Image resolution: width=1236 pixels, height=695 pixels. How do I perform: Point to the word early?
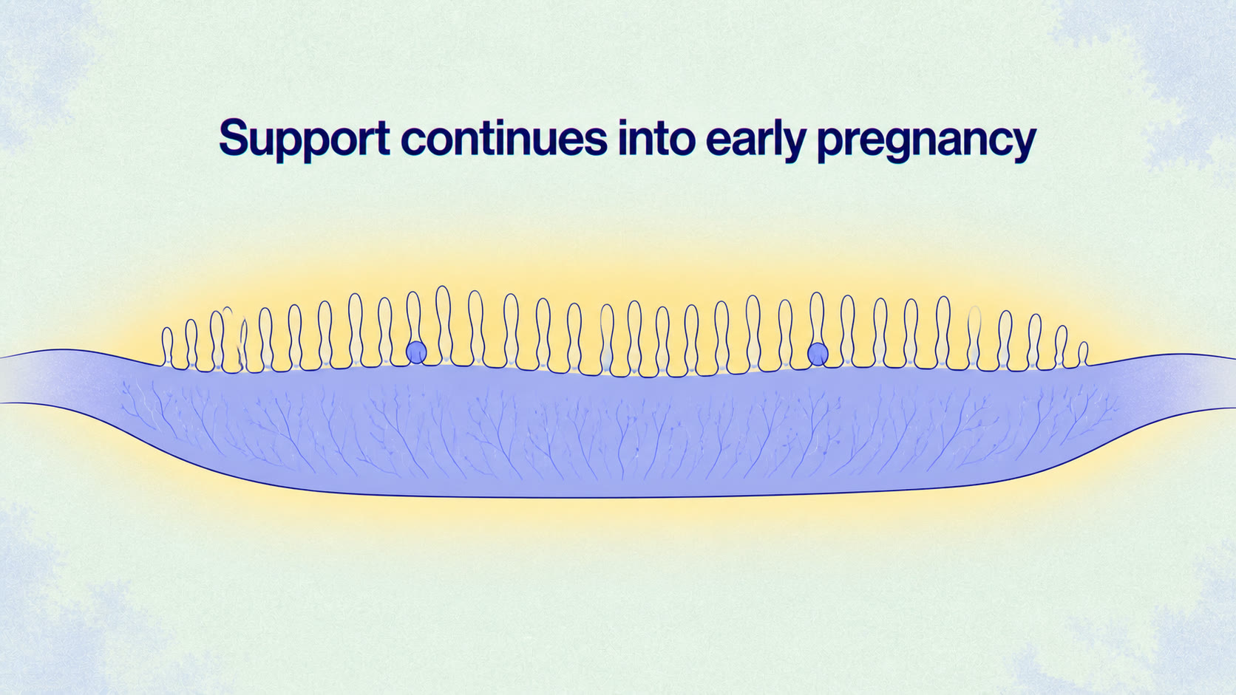pos(756,140)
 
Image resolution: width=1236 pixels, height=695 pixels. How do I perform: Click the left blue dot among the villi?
pos(416,352)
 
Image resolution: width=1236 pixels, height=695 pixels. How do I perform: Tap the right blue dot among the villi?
pos(817,354)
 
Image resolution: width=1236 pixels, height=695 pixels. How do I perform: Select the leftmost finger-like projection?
pos(167,346)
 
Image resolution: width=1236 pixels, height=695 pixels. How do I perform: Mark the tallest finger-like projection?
pos(443,324)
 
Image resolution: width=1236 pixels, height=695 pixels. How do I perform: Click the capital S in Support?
pos(236,137)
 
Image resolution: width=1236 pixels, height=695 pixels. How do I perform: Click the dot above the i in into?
pos(623,123)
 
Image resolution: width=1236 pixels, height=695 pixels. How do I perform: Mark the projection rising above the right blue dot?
pos(817,318)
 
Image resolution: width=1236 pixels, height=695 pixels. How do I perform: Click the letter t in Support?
pos(382,139)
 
